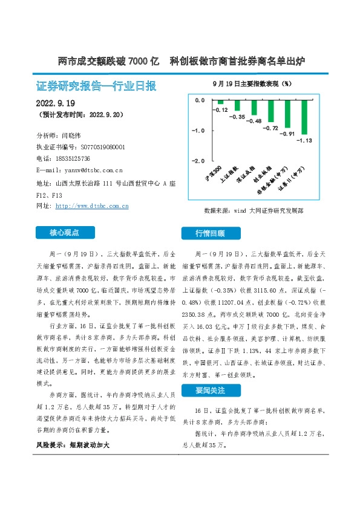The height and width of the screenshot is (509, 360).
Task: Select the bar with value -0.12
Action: [x=212, y=103]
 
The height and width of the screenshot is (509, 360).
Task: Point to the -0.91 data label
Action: [x=289, y=134]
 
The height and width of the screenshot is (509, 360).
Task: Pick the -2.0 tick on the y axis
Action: [x=198, y=161]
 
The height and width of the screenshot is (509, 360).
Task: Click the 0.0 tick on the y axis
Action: [x=199, y=100]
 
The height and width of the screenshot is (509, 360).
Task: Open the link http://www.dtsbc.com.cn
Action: [x=91, y=206]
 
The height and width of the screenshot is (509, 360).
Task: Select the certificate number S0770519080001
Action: [x=99, y=147]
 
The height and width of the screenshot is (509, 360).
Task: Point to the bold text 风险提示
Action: [x=53, y=444]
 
